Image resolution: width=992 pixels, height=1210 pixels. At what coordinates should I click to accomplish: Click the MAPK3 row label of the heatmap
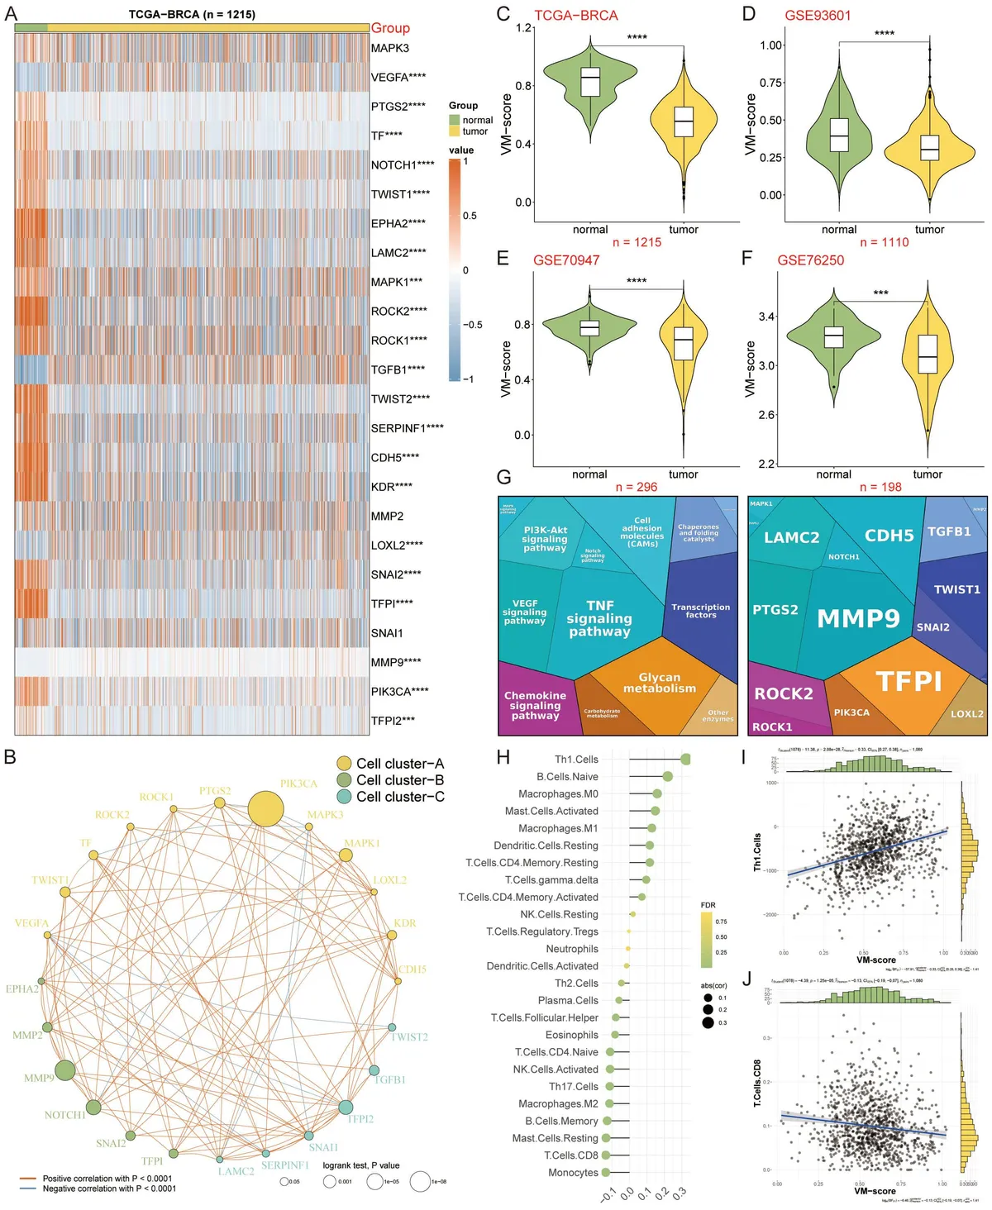(389, 48)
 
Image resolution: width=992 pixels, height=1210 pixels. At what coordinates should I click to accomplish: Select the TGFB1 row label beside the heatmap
(398, 369)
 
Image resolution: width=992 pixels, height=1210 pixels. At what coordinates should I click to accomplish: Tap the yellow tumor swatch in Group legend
(454, 131)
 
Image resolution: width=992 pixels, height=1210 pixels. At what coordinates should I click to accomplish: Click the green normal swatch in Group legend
(454, 120)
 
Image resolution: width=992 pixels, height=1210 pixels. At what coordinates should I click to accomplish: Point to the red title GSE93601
(817, 15)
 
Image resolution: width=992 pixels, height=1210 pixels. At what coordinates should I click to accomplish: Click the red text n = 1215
(637, 242)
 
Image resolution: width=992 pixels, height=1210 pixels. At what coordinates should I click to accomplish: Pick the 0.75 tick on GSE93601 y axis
(771, 83)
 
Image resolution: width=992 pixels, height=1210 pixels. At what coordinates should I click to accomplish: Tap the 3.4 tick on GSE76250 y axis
(766, 317)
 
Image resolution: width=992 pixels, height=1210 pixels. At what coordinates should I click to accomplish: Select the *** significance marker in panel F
(880, 293)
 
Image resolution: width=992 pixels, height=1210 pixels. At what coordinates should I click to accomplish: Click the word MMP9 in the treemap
(858, 618)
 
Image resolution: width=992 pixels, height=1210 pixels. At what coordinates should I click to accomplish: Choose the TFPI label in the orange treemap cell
(909, 681)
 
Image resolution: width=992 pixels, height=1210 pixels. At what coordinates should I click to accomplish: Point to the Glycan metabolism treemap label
(659, 683)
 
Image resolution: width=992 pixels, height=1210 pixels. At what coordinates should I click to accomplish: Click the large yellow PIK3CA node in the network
(266, 808)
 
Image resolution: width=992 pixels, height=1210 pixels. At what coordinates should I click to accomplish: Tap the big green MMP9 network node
(64, 1071)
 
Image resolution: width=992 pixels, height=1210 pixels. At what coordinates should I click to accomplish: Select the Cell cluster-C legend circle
(344, 797)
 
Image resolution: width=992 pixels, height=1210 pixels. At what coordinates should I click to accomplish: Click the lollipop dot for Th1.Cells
(685, 759)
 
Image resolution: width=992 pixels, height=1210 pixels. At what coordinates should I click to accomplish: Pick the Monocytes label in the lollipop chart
(573, 1173)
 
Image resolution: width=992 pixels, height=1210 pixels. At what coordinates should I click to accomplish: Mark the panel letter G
(503, 477)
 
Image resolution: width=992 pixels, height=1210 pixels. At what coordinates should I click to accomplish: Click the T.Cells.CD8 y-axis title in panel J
(757, 1083)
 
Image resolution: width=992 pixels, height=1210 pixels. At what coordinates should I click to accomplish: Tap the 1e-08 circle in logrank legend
(420, 1181)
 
